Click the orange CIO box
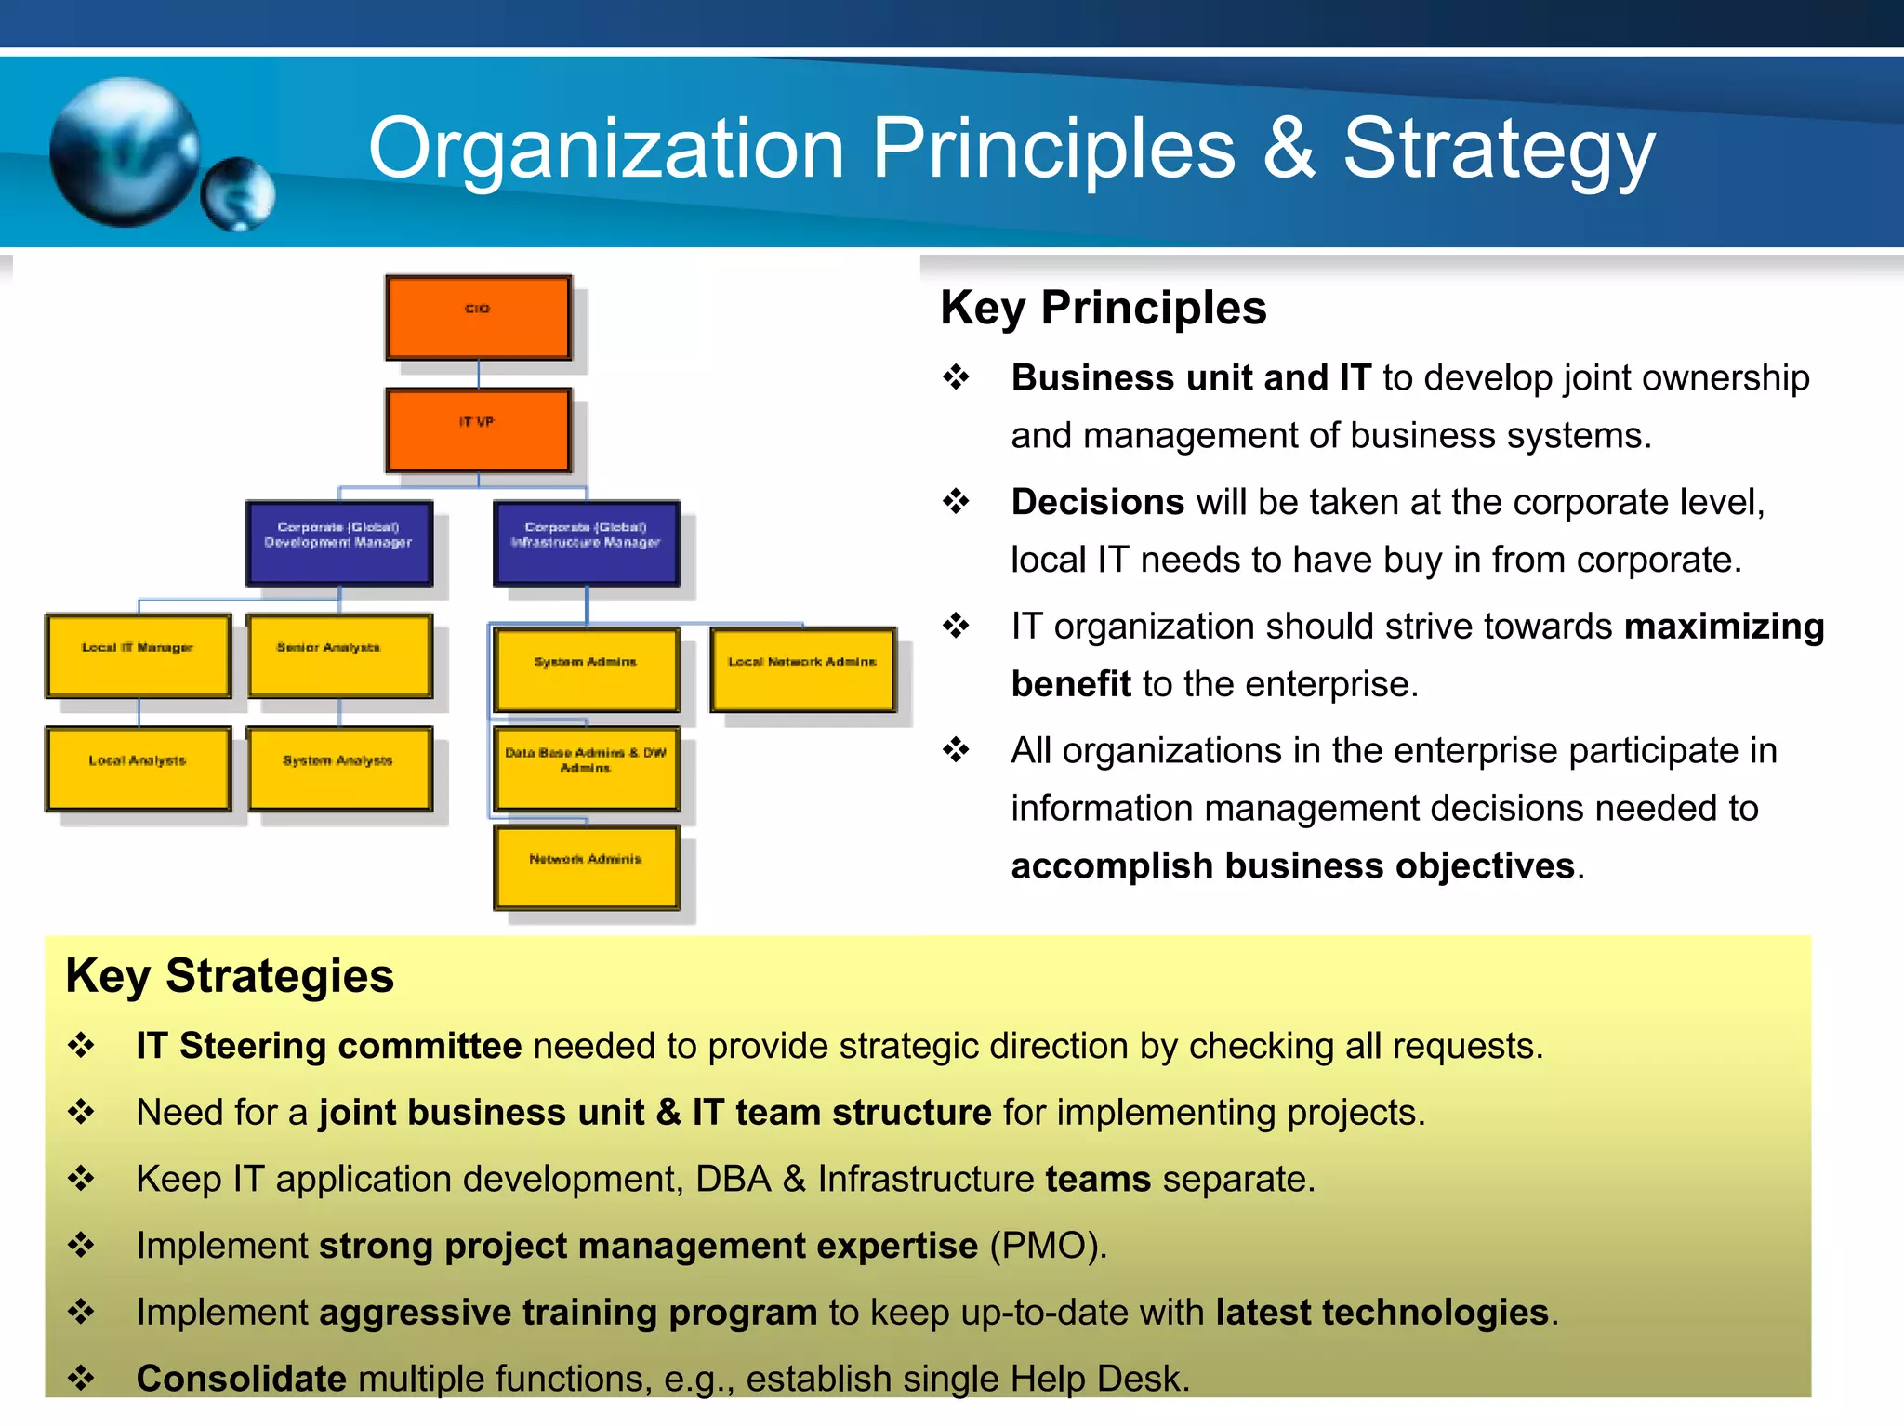pyautogui.click(x=478, y=317)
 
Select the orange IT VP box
pyautogui.click(x=478, y=430)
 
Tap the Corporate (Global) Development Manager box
pyautogui.click(x=339, y=543)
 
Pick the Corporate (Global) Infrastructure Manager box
pyautogui.click(x=587, y=543)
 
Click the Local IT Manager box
pyautogui.click(x=139, y=655)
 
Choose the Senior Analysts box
pyautogui.click(x=339, y=655)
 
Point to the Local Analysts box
pyautogui.click(x=139, y=768)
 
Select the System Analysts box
pyautogui.click(x=339, y=768)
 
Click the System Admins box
pyautogui.click(x=587, y=669)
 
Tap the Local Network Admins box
pyautogui.click(x=802, y=669)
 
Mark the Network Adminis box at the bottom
pyautogui.click(x=587, y=867)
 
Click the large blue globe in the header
pyautogui.click(x=123, y=152)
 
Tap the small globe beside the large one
pyautogui.click(x=238, y=193)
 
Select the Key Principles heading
pyautogui.click(x=1103, y=308)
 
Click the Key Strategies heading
pyautogui.click(x=230, y=976)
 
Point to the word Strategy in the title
pyautogui.click(x=1499, y=149)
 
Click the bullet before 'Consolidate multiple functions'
pyautogui.click(x=82, y=1377)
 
